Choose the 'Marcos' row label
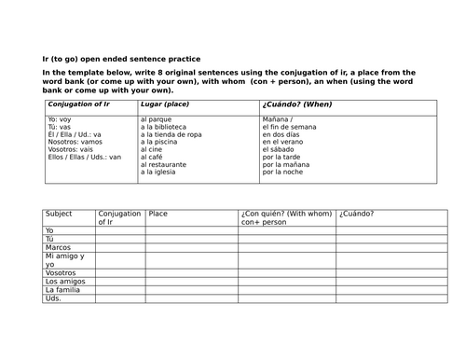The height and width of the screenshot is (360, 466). point(58,247)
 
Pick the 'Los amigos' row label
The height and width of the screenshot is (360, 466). point(63,281)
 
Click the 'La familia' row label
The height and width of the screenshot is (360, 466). point(62,289)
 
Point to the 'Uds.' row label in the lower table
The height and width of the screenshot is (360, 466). point(53,298)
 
